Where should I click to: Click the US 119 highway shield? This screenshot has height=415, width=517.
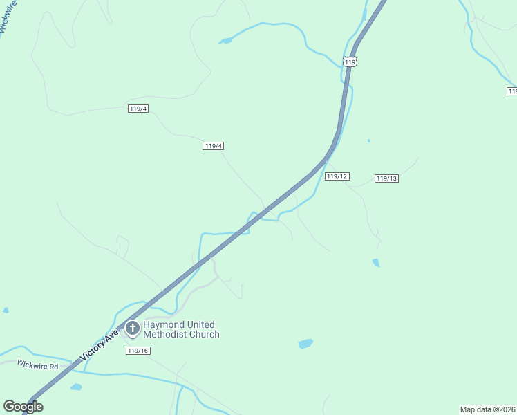[350, 62]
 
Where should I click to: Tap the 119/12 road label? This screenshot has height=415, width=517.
[337, 176]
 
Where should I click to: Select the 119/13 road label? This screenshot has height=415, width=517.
[387, 178]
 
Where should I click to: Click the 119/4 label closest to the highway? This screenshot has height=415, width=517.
[214, 146]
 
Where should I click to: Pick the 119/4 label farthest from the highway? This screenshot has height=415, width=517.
[138, 109]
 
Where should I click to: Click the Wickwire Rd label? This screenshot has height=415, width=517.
[38, 365]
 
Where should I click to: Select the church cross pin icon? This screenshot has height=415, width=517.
[131, 329]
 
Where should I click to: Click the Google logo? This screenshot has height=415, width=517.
[23, 407]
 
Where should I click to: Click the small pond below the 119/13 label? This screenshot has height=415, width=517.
[376, 263]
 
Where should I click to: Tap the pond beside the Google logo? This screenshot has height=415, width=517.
[76, 387]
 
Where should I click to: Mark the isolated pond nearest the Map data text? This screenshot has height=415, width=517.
[305, 344]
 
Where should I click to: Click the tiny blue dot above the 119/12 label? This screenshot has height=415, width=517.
[369, 141]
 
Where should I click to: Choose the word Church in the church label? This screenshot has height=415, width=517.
[204, 335]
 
